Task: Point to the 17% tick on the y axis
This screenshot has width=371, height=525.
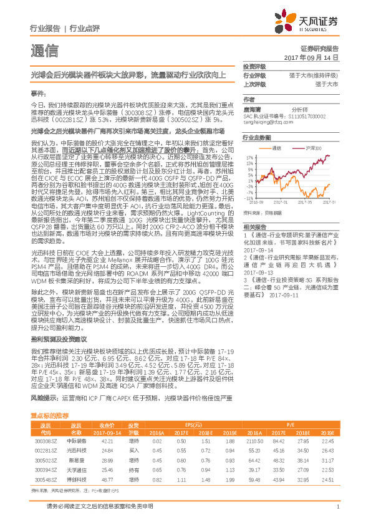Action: pyautogui.click(x=250, y=158)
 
